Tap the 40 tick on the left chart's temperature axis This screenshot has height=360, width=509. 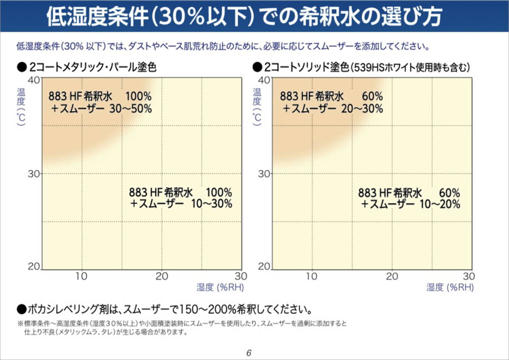point(34,80)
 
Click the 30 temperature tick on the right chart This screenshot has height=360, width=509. point(264,174)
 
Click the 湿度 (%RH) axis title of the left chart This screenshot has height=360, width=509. point(220,287)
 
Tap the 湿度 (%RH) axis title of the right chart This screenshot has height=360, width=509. point(450,287)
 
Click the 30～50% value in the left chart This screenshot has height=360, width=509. point(130,108)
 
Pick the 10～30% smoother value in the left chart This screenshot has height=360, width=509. point(212,204)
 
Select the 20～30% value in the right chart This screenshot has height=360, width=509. point(362,109)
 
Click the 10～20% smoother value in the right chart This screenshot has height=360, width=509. point(439,204)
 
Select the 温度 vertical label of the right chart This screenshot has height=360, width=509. point(256,96)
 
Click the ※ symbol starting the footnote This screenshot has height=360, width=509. point(20,323)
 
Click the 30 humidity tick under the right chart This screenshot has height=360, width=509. point(468,276)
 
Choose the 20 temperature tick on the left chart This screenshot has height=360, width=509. point(34,267)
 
